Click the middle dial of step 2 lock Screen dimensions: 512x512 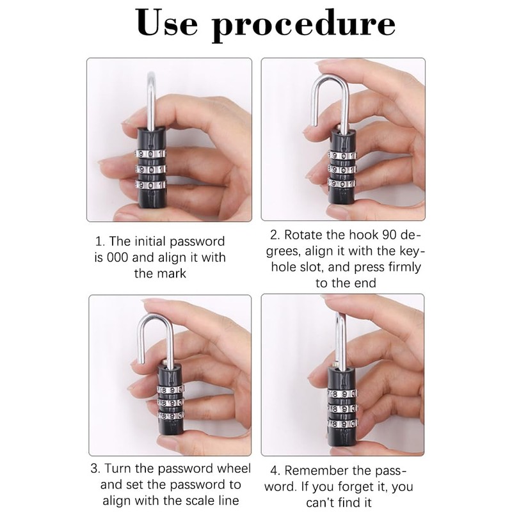(341, 169)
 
